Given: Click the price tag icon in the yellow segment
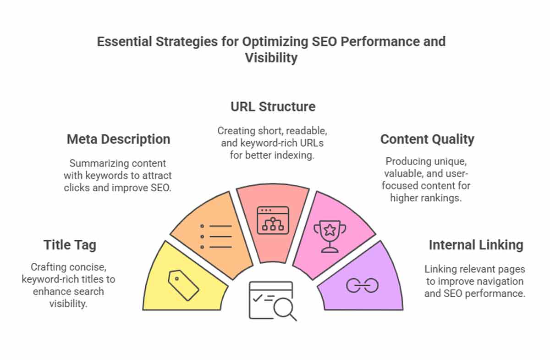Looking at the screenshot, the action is coord(183,285).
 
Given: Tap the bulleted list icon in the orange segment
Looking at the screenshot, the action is coord(216,236).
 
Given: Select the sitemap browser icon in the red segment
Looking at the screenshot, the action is coord(273,220).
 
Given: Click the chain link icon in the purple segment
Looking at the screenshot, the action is coord(362,285).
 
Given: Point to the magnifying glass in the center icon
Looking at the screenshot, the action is coord(285,309).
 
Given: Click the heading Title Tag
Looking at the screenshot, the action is coord(70,245).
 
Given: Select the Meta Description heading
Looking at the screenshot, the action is coord(119,139).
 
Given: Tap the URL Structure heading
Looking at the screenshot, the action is coord(273,107).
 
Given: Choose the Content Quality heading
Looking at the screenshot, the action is coord(427,139).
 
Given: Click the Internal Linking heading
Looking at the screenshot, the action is coord(476,245).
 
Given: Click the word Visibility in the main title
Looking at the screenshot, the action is coord(271,58).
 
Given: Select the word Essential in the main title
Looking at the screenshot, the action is coord(125,42).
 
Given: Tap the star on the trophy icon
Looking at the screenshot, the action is coord(330,230).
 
